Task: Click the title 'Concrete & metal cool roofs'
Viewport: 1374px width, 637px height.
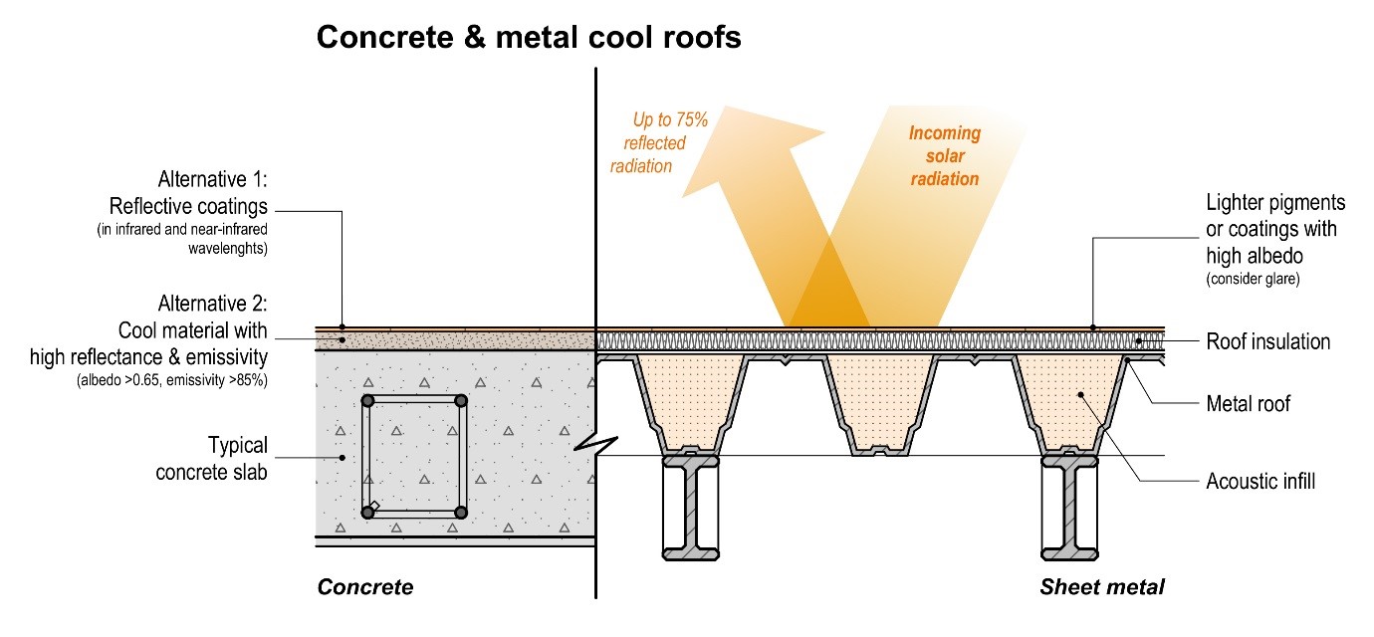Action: [x=528, y=38]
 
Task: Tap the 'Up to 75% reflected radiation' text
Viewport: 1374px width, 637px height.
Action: [x=659, y=142]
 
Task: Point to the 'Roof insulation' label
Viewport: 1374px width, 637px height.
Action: [x=1267, y=341]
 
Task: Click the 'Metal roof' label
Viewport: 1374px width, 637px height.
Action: [x=1248, y=403]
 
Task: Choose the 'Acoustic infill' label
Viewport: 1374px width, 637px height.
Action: [x=1260, y=482]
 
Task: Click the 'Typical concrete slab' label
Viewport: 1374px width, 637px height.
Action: [x=211, y=458]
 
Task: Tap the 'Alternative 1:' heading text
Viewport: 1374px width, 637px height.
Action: [x=213, y=180]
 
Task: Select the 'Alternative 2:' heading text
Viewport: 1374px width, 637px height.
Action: [x=213, y=303]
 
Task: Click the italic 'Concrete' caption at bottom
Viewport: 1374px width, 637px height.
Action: [x=364, y=587]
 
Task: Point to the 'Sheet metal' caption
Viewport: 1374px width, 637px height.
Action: [x=1101, y=587]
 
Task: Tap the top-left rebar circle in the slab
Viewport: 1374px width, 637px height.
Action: [x=368, y=400]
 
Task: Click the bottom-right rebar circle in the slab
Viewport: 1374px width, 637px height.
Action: [x=460, y=512]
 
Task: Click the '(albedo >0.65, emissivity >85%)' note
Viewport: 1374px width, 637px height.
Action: [x=176, y=380]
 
